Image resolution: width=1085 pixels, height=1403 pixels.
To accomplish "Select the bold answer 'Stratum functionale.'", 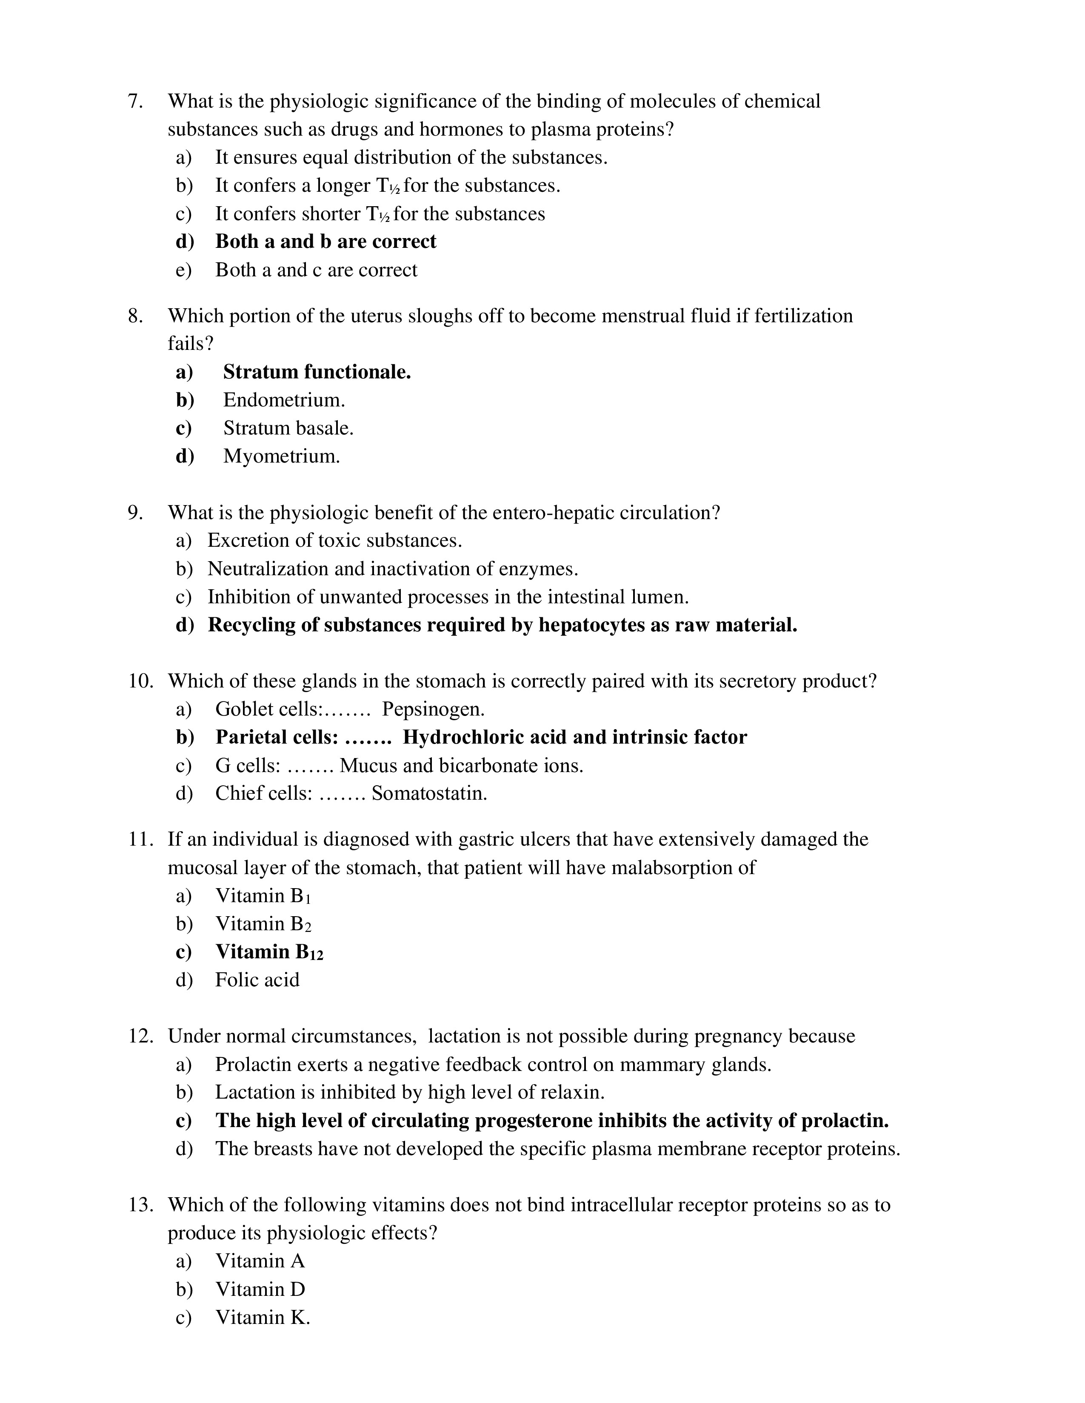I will pos(317,372).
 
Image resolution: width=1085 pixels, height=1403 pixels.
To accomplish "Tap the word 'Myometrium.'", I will pos(282,456).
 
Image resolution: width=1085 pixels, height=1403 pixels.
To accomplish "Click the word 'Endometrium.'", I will pos(284,400).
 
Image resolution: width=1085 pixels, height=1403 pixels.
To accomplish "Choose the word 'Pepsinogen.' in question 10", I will pos(433,709).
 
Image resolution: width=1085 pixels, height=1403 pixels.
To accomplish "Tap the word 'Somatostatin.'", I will pos(429,793).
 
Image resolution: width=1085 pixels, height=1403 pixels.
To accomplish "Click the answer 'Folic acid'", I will pos(257,980).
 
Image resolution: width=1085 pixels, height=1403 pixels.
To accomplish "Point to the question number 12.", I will pos(140,1036).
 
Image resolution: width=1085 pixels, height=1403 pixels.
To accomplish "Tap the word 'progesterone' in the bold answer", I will pos(532,1120).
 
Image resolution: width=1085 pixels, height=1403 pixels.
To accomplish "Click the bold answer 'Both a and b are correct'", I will pos(325,241).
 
